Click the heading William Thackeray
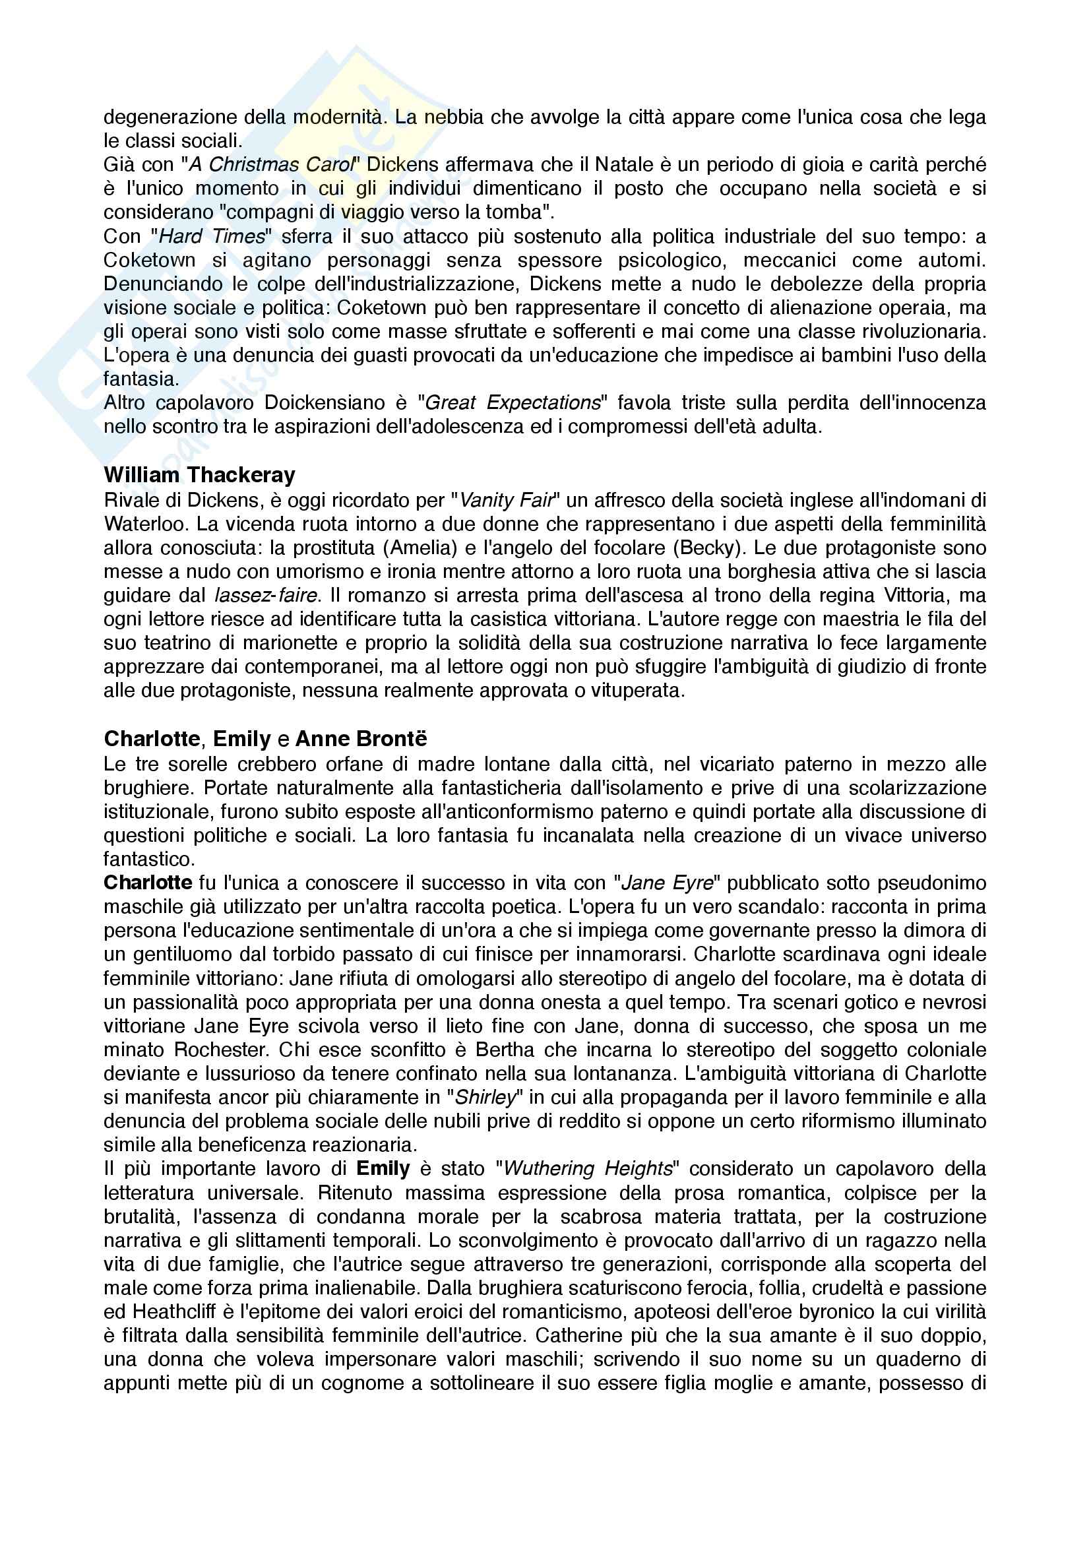pos(199,475)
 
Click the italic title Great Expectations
pos(513,402)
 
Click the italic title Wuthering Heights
pos(588,1169)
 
